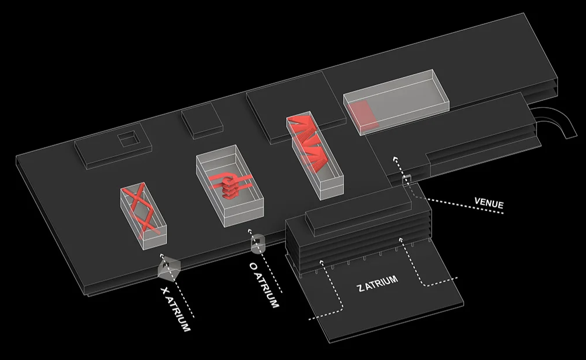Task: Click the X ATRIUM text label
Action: point(175,308)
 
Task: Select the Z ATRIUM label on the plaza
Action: point(378,284)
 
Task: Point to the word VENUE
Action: point(489,204)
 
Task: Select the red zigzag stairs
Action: point(309,143)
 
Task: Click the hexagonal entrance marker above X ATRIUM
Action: point(168,267)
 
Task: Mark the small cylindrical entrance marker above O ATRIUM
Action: point(256,244)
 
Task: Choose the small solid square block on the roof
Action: point(201,122)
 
